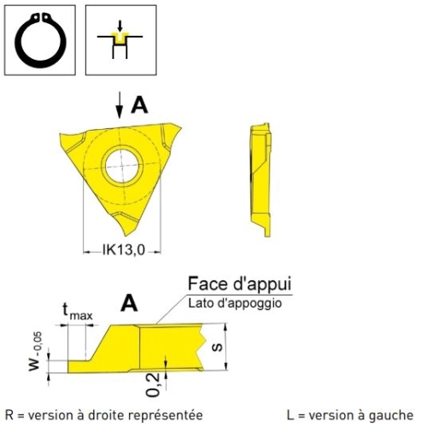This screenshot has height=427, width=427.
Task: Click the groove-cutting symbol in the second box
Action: [120, 39]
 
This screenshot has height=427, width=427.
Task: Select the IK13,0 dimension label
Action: [124, 250]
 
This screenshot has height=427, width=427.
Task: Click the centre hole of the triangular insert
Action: [122, 166]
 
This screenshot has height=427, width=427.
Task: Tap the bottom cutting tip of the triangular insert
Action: [126, 235]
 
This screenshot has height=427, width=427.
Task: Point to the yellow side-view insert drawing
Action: [260, 180]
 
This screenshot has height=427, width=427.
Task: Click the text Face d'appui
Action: [240, 284]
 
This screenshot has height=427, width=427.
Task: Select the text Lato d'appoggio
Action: [235, 303]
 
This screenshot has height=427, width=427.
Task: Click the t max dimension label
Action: [78, 311]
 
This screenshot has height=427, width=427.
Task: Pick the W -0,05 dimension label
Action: [36, 352]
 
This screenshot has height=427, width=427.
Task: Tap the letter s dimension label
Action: [218, 347]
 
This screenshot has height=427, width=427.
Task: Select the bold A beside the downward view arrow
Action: [139, 105]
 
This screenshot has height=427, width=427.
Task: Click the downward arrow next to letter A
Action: [120, 104]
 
